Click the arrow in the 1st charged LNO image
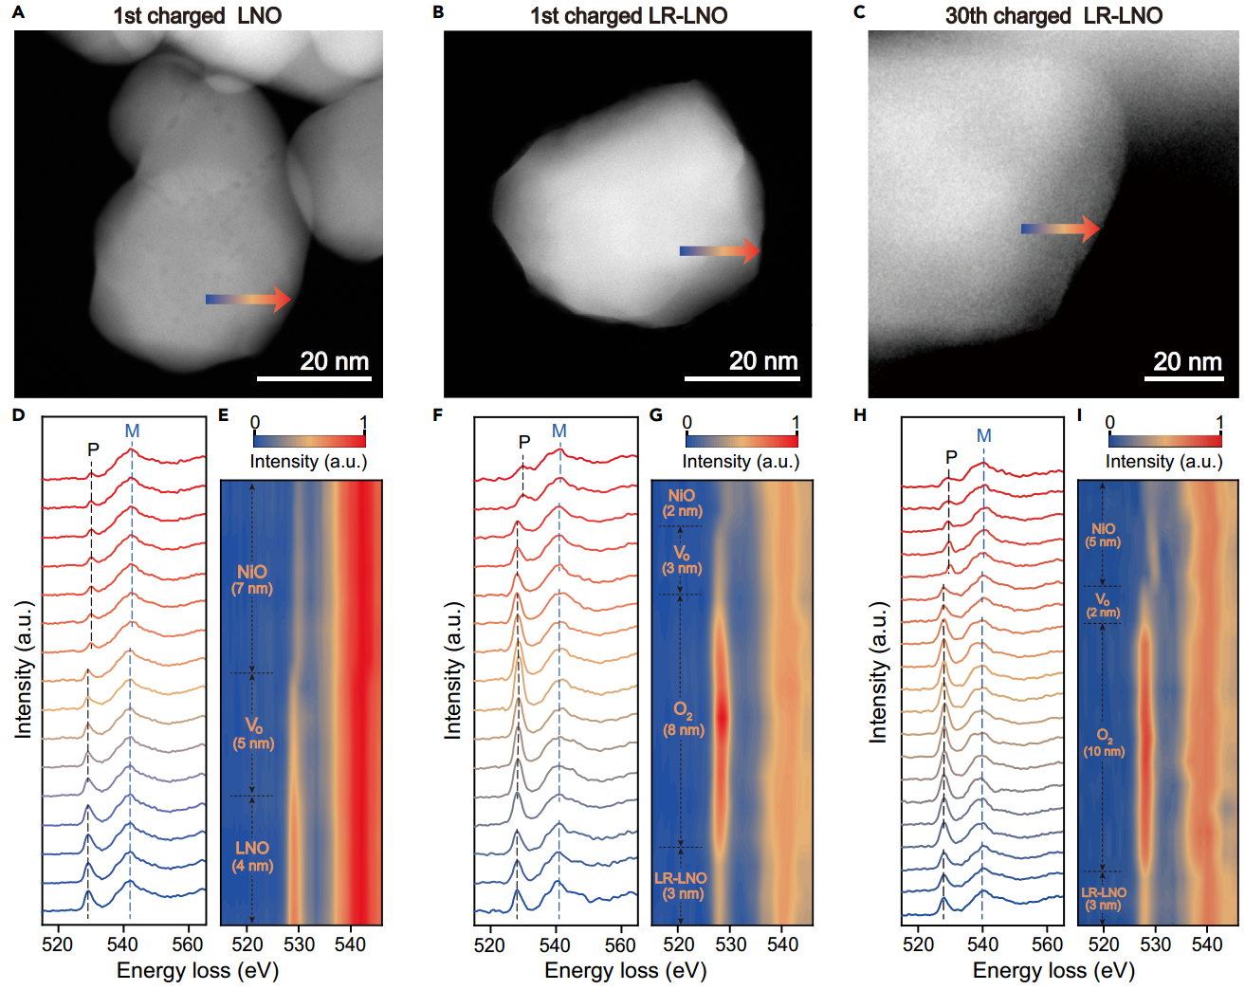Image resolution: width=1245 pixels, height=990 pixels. click(248, 299)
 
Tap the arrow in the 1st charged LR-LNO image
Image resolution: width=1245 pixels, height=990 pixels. click(720, 251)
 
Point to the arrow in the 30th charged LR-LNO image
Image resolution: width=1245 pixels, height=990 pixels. click(1060, 229)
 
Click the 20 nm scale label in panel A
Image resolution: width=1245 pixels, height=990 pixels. click(334, 361)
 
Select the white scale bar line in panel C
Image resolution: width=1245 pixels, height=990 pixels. click(1182, 378)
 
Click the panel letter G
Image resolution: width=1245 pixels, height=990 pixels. click(656, 415)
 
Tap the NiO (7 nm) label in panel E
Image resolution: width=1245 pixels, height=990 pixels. click(252, 579)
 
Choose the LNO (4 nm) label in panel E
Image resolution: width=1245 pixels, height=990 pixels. click(252, 855)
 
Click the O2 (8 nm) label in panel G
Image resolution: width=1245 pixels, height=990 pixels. click(684, 719)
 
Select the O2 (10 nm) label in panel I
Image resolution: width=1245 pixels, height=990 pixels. click(1104, 742)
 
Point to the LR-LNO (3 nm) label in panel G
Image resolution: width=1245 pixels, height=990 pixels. click(681, 886)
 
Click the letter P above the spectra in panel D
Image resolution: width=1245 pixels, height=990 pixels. click(93, 449)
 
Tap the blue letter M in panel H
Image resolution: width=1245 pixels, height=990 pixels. click(984, 435)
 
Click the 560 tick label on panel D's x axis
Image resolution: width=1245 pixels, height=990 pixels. click(188, 944)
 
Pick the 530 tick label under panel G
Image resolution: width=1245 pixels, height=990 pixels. click(731, 944)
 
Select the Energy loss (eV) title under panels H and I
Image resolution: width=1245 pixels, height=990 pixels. click(1053, 971)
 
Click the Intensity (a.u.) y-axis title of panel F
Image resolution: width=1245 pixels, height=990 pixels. click(453, 669)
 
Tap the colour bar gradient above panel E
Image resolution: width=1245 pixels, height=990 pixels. click(309, 441)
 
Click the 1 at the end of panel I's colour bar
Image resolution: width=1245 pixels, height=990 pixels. click(1220, 423)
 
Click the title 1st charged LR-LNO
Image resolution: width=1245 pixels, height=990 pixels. click(629, 16)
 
